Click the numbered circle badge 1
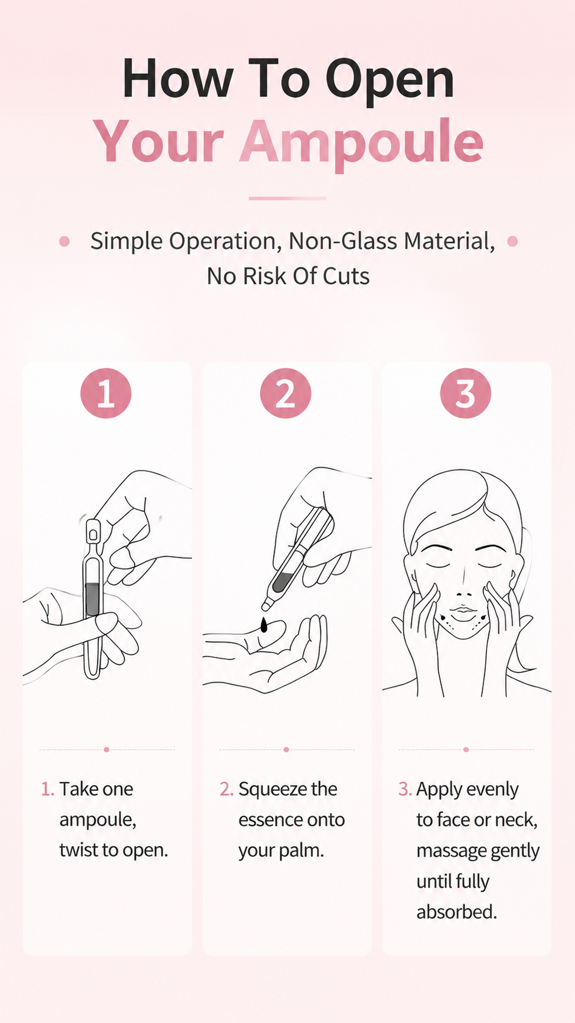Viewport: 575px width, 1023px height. pyautogui.click(x=106, y=393)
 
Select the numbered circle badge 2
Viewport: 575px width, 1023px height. pyautogui.click(x=286, y=393)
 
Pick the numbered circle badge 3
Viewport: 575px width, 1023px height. pyautogui.click(x=466, y=393)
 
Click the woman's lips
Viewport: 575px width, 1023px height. pyautogui.click(x=463, y=612)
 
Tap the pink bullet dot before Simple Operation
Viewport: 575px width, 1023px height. pyautogui.click(x=64, y=241)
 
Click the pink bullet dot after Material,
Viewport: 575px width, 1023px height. pyautogui.click(x=513, y=241)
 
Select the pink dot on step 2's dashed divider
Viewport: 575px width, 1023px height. pyautogui.click(x=286, y=749)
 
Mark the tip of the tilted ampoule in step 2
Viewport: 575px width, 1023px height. pyautogui.click(x=264, y=608)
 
